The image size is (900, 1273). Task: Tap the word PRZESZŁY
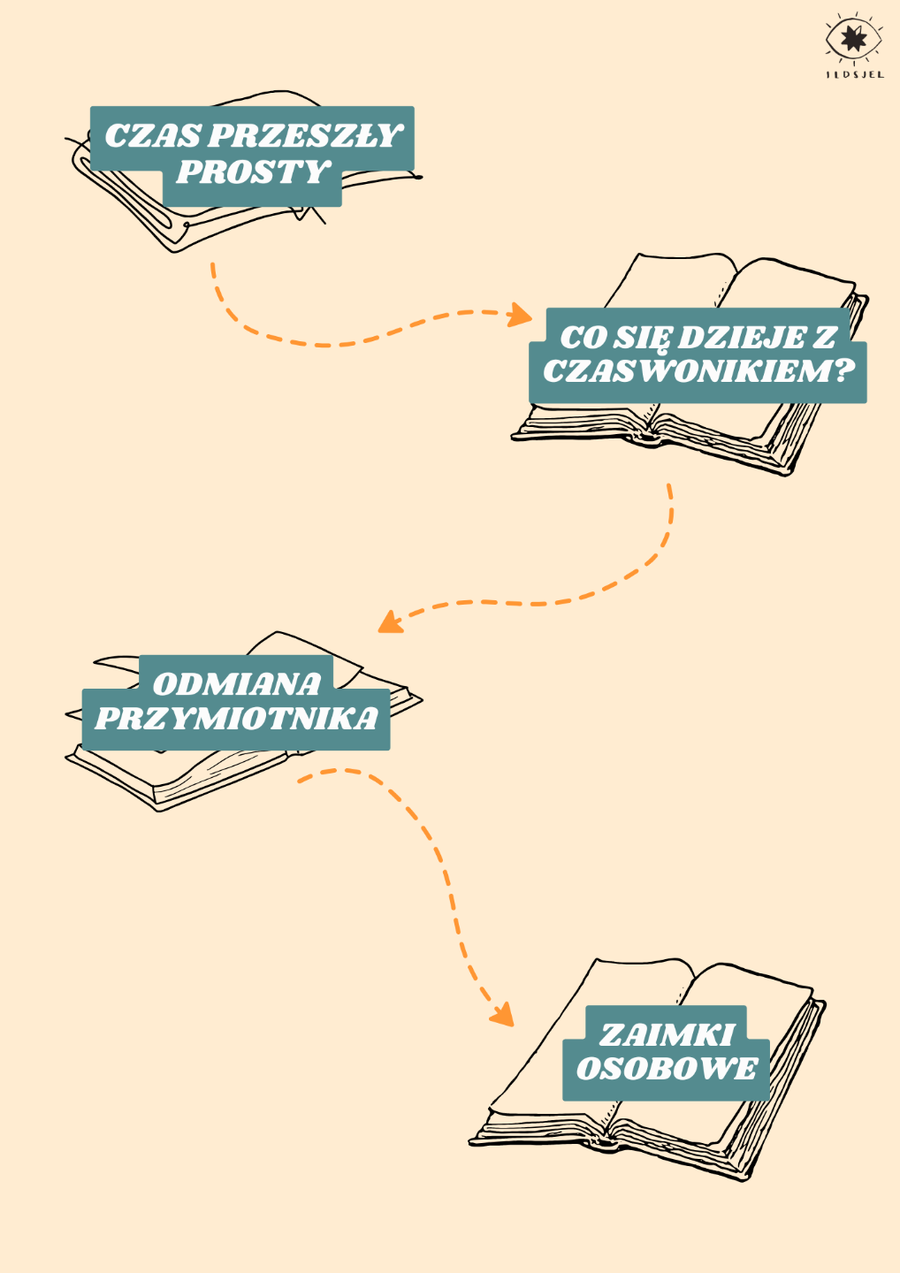[x=305, y=136]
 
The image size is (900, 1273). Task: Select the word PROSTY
[x=253, y=172]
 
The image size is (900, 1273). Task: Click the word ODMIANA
[x=236, y=684]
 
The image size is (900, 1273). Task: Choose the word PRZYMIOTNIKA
[x=236, y=719]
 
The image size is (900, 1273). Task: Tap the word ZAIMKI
[x=667, y=1035]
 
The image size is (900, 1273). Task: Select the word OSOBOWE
[x=667, y=1069]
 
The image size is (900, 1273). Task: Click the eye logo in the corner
[x=853, y=40]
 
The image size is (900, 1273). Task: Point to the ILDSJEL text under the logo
[x=854, y=75]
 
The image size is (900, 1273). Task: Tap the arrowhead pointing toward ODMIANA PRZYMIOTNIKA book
[x=389, y=622]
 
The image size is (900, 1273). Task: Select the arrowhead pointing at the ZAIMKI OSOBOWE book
[x=503, y=1014]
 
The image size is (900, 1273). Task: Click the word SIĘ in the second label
[x=644, y=338]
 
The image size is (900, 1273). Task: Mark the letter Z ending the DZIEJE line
[x=825, y=338]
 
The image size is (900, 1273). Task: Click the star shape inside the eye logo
[x=852, y=38]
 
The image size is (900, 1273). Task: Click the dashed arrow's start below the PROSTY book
[x=212, y=265]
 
